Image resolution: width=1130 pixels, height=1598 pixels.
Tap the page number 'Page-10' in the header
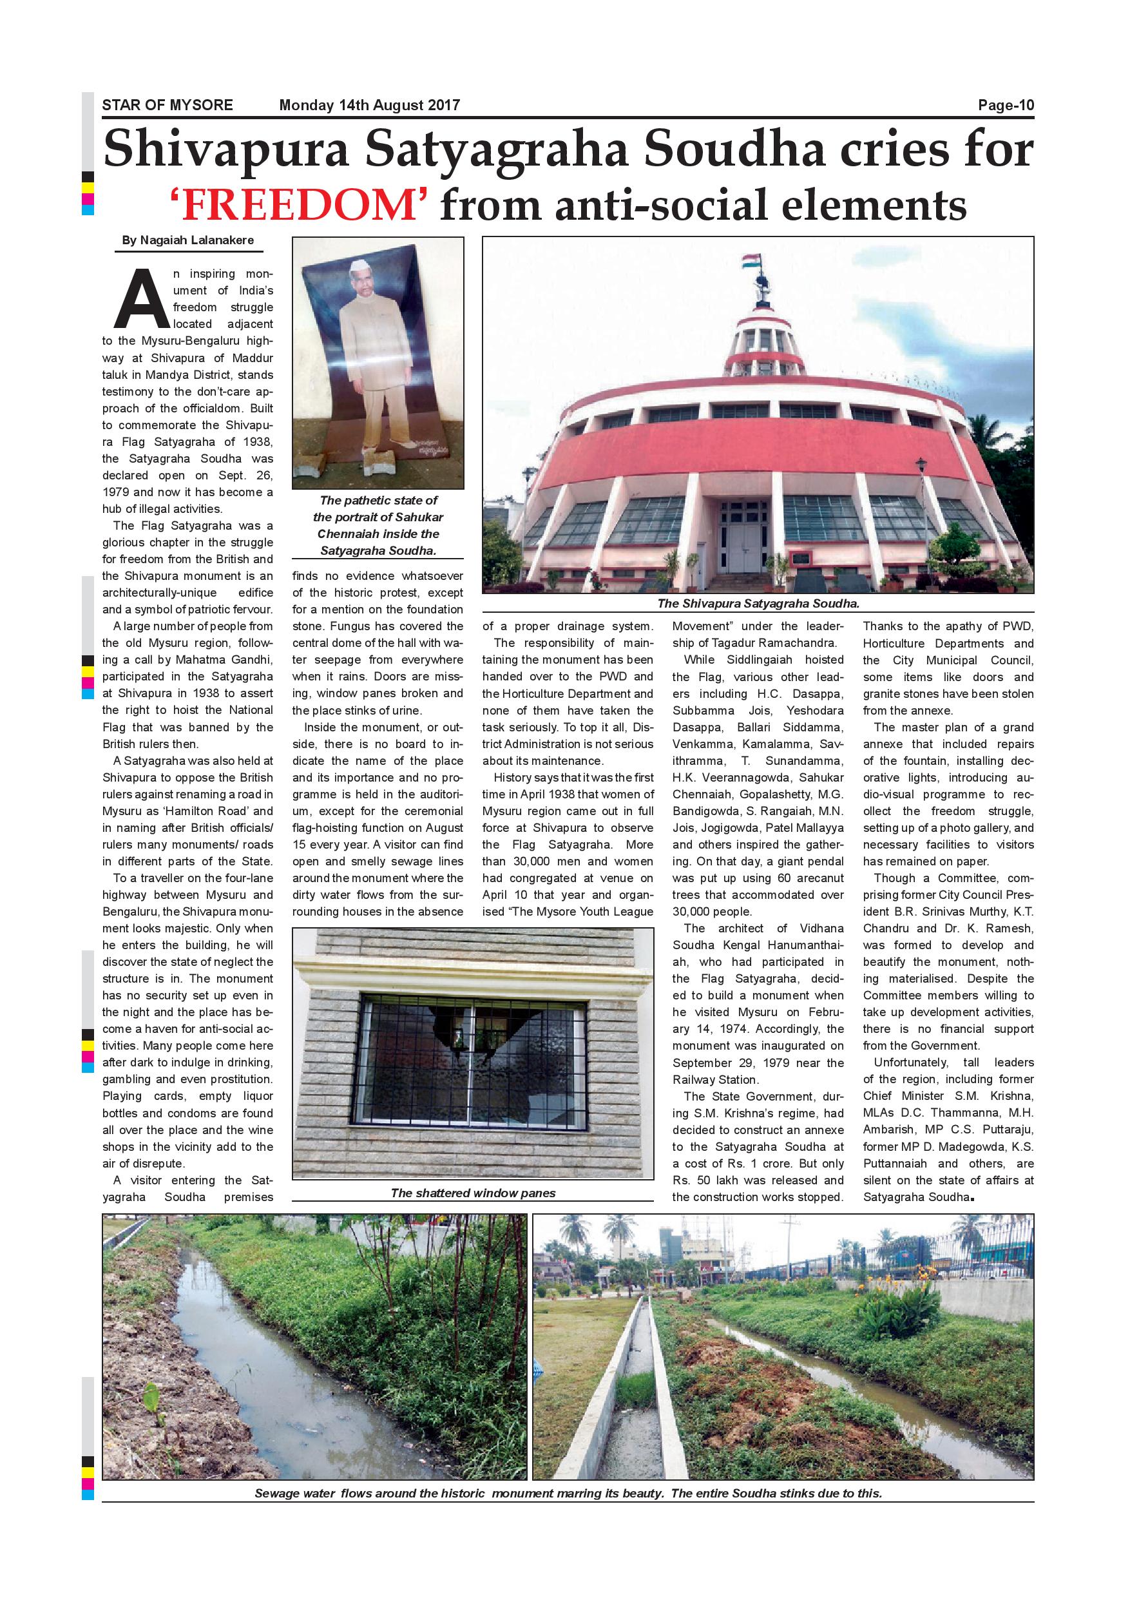click(1006, 106)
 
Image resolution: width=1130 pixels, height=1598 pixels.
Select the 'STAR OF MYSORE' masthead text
click(167, 106)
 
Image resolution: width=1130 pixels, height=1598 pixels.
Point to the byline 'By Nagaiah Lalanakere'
click(188, 241)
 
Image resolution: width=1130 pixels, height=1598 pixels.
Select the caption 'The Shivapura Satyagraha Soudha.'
click(758, 604)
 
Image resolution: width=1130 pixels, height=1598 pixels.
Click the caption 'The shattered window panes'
click(472, 1193)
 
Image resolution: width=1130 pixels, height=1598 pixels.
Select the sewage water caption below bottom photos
click(568, 1493)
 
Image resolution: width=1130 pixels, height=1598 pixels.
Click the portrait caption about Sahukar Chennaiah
click(378, 526)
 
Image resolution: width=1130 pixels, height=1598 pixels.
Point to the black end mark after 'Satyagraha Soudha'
click(971, 1198)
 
